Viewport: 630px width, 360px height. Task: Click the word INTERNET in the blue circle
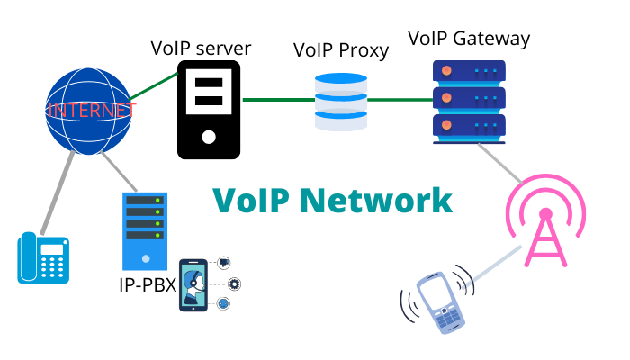pos(92,111)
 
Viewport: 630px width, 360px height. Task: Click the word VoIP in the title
pos(252,200)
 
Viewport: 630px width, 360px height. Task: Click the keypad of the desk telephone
pos(53,262)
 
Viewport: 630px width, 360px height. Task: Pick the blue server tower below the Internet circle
pos(145,230)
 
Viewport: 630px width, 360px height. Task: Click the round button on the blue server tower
pos(145,258)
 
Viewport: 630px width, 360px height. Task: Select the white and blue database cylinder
pos(341,102)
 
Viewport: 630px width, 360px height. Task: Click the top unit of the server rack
pos(469,71)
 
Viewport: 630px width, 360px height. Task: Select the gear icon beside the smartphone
pos(234,283)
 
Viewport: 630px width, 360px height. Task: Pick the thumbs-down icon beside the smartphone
pos(223,263)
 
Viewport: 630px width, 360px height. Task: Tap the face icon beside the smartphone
pos(223,304)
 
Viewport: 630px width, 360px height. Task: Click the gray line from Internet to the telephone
pos(58,193)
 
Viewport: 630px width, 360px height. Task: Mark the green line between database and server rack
pos(400,100)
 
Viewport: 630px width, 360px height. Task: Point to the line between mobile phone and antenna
pos(493,266)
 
